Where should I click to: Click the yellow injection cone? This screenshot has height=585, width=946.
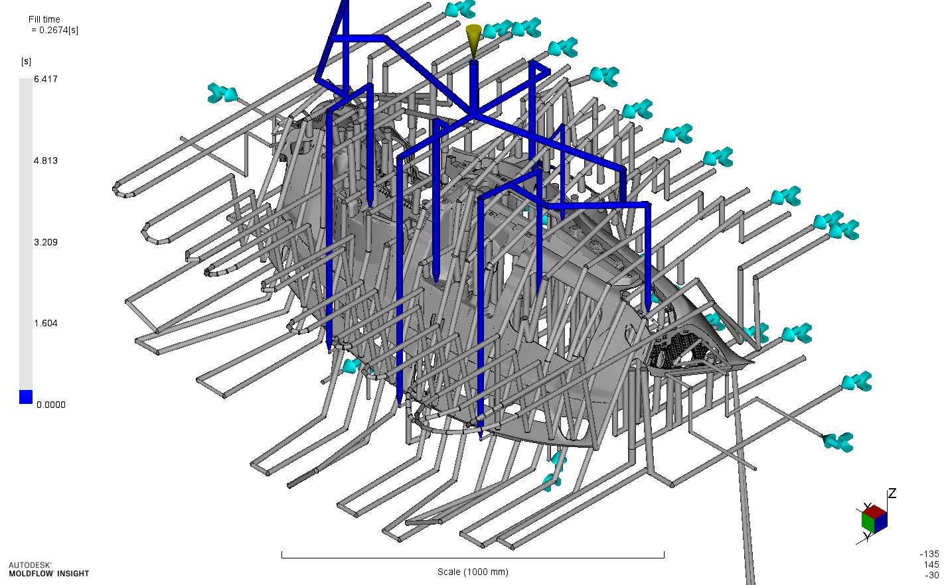click(x=473, y=40)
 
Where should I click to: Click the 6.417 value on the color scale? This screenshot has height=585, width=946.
click(x=46, y=80)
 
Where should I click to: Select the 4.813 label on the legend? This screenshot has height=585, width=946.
click(x=46, y=161)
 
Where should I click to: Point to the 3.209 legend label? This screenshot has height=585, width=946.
click(x=46, y=242)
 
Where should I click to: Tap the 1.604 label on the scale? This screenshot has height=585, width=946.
click(x=46, y=323)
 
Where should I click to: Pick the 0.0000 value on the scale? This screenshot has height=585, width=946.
click(x=50, y=405)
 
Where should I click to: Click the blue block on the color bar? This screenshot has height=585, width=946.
click(x=26, y=397)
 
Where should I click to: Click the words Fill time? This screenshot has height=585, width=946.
click(x=44, y=19)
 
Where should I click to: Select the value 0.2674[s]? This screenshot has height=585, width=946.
click(x=58, y=30)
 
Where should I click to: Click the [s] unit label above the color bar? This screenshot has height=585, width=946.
click(x=26, y=62)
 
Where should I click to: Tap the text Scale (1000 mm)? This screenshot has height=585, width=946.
click(x=473, y=572)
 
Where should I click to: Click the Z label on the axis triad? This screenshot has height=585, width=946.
click(x=892, y=493)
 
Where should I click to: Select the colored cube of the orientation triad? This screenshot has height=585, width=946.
click(x=874, y=519)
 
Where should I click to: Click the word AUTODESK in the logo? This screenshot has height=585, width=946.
click(x=30, y=565)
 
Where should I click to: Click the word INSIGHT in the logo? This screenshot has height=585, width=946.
click(x=73, y=574)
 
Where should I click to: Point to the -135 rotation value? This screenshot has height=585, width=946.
click(x=929, y=554)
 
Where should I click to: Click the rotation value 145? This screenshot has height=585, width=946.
click(x=931, y=564)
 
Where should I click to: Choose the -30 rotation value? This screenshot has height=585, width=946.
click(x=931, y=575)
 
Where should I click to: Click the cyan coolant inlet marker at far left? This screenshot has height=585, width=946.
click(x=222, y=94)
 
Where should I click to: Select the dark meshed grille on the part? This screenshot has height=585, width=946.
click(x=680, y=349)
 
